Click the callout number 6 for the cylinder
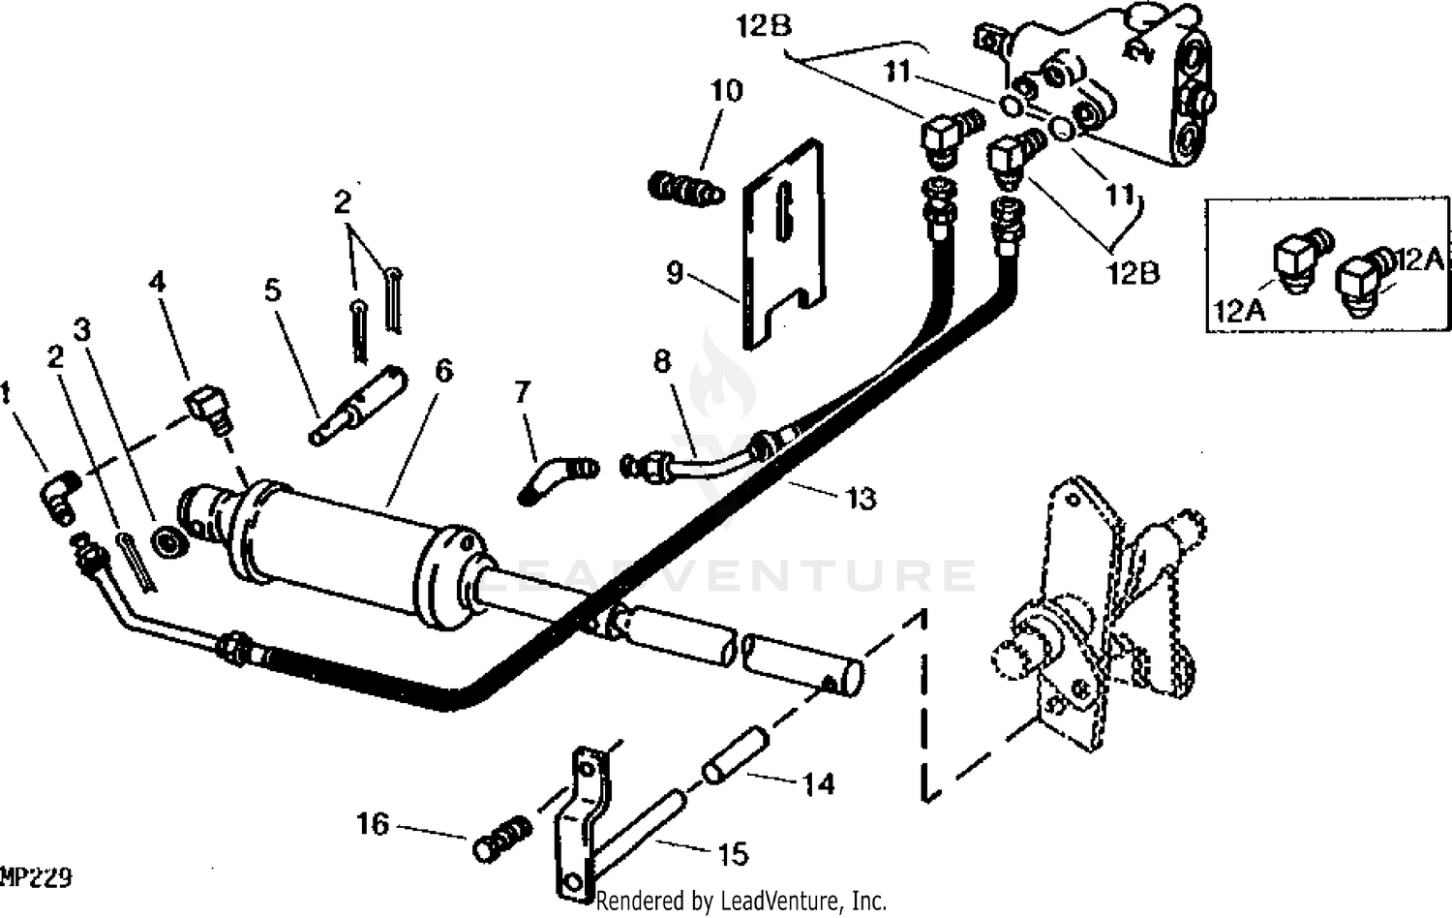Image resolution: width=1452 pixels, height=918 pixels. pos(444,371)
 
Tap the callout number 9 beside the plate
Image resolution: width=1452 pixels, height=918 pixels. pos(674,273)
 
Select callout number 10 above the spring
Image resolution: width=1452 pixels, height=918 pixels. pos(726,91)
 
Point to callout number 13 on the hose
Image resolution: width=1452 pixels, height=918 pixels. pos(861,499)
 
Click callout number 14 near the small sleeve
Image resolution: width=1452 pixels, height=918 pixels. pos(819,785)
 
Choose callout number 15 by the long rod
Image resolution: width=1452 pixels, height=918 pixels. pos(733,854)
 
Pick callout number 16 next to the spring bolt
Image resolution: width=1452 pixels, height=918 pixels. pos(373,825)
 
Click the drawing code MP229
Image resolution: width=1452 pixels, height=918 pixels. pos(36,878)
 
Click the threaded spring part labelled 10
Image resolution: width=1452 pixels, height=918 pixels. pos(685,188)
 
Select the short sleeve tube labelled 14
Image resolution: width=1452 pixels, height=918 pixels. pos(736,756)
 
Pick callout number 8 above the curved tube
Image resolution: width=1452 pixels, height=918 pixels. pos(661,361)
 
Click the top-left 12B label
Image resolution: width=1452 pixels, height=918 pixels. pos(763,27)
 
